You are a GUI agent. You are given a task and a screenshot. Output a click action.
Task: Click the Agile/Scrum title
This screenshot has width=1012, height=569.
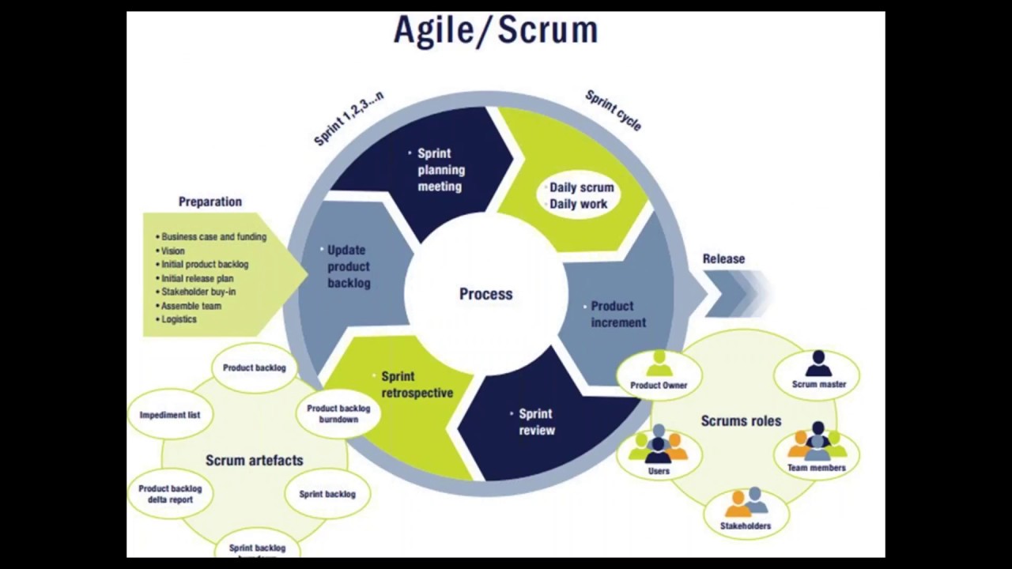click(x=496, y=30)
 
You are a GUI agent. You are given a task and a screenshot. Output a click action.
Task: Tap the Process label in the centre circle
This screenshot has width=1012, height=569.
click(x=485, y=294)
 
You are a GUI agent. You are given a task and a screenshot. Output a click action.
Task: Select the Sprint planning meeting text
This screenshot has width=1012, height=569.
click(x=441, y=170)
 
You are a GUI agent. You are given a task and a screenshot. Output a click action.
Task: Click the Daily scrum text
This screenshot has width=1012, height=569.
click(x=581, y=188)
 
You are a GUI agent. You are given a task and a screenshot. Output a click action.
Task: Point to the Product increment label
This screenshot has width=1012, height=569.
click(x=618, y=314)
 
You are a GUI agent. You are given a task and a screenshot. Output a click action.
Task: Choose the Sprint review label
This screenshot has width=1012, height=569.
click(x=537, y=422)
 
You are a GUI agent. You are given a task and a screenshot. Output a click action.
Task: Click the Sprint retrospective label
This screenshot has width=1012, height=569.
click(x=417, y=385)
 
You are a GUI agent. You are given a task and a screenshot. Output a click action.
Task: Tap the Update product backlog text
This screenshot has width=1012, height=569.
click(x=348, y=266)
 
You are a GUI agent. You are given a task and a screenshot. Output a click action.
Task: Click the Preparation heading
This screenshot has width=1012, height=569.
click(x=210, y=202)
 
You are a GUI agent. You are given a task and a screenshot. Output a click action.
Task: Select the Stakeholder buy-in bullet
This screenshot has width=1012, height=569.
click(x=198, y=292)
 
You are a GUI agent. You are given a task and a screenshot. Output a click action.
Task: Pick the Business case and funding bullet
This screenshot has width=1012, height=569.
click(x=213, y=236)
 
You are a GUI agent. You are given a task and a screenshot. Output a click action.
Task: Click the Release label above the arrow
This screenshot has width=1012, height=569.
click(x=723, y=258)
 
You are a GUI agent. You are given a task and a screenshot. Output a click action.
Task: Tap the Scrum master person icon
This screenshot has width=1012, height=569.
click(x=818, y=364)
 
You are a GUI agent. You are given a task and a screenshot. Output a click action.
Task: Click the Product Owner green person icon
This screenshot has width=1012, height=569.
click(x=659, y=364)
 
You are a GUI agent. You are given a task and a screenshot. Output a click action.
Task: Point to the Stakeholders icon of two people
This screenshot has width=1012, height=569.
click(x=746, y=503)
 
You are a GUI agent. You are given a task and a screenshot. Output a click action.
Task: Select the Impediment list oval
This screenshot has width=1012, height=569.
click(x=170, y=415)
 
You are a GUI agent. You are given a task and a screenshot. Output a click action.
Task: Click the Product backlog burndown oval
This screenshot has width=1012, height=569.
click(x=338, y=413)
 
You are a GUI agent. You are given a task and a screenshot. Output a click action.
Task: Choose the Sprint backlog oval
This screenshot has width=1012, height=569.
click(x=327, y=494)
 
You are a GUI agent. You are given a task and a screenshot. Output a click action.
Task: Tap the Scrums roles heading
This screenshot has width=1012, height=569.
click(x=741, y=421)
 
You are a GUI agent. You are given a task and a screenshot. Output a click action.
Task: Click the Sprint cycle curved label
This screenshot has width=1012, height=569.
click(x=613, y=111)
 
